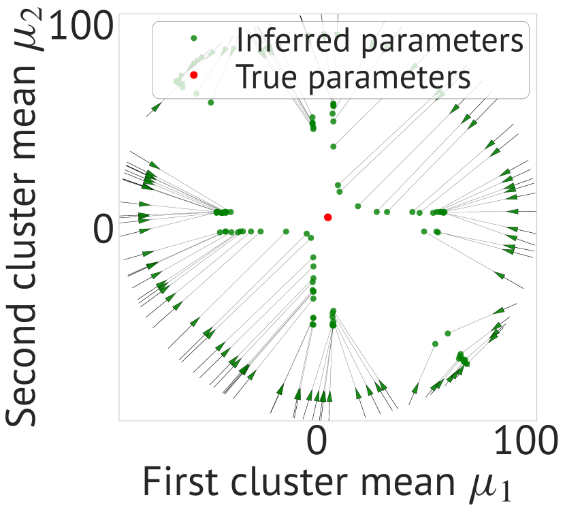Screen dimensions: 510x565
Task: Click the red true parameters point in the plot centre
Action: click(327, 217)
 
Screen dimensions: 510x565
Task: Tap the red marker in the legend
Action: click(194, 75)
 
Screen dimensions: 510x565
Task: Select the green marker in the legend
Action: click(194, 38)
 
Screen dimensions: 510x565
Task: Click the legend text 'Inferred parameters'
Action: click(379, 39)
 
